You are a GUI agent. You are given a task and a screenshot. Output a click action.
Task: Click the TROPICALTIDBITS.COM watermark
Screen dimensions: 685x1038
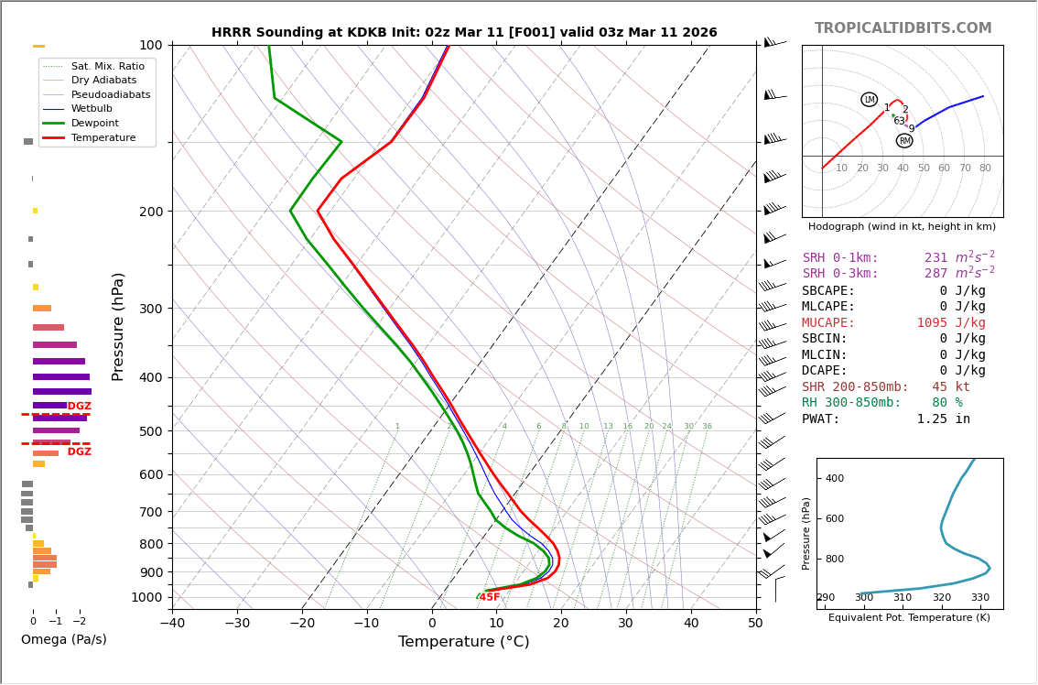coord(903,28)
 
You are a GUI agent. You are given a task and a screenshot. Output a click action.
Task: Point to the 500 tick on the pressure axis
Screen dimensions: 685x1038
coord(149,431)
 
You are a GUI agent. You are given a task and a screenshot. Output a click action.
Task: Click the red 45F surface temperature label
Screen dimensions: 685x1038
coord(490,597)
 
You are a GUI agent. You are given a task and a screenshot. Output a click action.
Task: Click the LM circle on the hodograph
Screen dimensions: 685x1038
coord(869,100)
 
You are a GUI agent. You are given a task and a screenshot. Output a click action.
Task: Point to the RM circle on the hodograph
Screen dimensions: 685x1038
coord(904,141)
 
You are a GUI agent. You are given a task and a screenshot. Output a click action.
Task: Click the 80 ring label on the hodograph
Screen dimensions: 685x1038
coord(985,169)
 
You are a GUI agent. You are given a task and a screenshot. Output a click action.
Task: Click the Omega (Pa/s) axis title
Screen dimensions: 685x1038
coord(64,639)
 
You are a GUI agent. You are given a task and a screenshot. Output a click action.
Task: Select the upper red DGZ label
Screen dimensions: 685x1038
coord(80,407)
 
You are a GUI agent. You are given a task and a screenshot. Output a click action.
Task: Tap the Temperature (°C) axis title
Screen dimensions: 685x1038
coord(463,642)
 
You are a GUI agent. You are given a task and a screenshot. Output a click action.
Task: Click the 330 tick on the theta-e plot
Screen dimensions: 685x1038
coord(979,598)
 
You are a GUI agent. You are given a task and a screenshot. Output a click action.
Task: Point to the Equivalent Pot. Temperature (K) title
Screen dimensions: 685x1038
coord(909,618)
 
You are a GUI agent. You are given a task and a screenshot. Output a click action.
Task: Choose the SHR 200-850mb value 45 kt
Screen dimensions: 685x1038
coord(951,387)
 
